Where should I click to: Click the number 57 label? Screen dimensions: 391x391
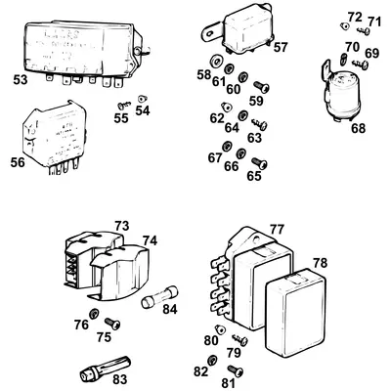point(281,47)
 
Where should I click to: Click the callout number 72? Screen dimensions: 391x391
point(354,18)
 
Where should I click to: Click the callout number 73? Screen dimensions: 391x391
point(121,226)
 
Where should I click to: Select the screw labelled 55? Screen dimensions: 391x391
point(123,104)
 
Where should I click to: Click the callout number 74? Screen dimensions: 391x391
point(150,240)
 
